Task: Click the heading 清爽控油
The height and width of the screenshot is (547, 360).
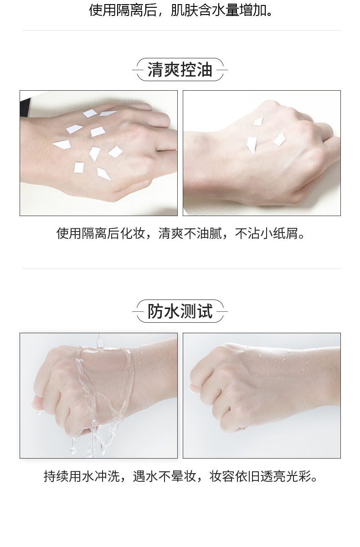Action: click(180, 70)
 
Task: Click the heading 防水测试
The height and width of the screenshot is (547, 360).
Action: click(180, 312)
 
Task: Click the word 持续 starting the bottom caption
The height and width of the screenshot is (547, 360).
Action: click(56, 476)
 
